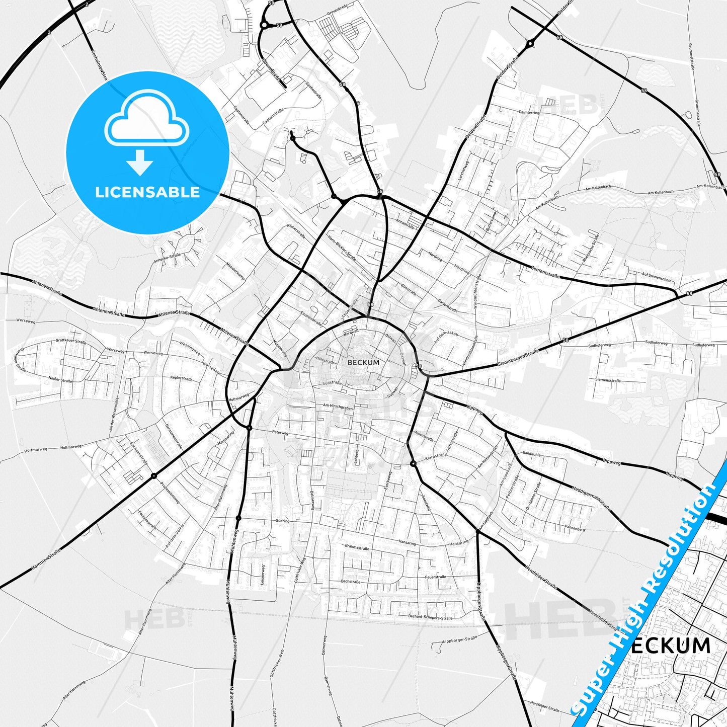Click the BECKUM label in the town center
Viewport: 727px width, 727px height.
pyautogui.click(x=363, y=362)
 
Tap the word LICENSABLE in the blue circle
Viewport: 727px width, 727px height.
pyautogui.click(x=147, y=192)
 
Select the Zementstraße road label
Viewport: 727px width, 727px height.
pyautogui.click(x=545, y=272)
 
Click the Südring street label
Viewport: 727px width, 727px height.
pyautogui.click(x=282, y=521)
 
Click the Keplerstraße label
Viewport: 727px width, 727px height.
pyautogui.click(x=182, y=377)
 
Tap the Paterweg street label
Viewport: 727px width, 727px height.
pyautogui.click(x=280, y=432)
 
